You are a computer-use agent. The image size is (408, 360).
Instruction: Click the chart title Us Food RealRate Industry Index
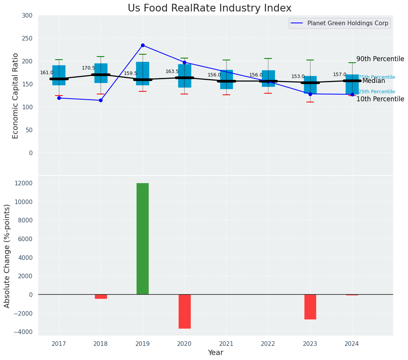point(210,8)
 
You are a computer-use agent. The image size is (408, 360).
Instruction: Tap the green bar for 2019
point(143,238)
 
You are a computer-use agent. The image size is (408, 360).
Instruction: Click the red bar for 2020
point(184,311)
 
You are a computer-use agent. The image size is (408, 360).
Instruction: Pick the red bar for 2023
point(310,306)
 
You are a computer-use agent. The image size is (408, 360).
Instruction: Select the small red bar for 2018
point(101,297)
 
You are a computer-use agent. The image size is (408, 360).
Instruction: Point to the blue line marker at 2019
point(143,45)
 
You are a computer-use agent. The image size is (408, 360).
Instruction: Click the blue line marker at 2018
point(101,100)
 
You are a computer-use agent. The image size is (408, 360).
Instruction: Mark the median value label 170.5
point(88,68)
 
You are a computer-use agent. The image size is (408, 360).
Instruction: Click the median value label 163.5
point(172,71)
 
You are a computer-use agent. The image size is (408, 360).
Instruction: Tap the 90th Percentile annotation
point(380,59)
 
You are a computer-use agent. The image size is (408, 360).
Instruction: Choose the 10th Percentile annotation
point(380,99)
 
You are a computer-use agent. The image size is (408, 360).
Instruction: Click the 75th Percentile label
point(377,77)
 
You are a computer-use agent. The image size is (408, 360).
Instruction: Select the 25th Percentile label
point(377,92)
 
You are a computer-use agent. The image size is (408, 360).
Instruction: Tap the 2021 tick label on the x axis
point(226,344)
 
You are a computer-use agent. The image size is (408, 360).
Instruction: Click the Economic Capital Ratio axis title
point(16,96)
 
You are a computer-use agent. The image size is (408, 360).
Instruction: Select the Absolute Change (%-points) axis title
point(7,256)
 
